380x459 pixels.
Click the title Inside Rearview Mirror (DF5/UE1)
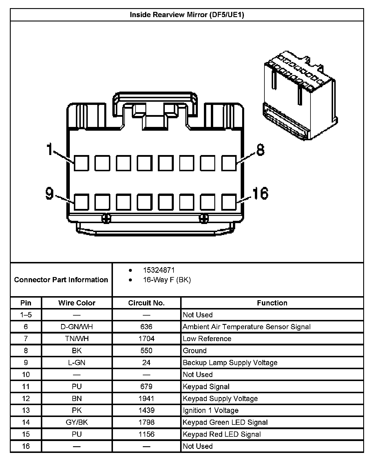tap(187, 15)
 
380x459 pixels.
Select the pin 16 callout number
tap(260, 194)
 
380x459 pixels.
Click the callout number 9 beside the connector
tap(50, 194)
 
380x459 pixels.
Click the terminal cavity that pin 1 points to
tap(81, 163)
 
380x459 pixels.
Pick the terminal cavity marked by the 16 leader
tap(229, 202)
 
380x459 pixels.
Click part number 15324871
tap(159, 270)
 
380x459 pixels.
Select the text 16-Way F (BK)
tap(167, 280)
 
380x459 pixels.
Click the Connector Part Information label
tap(61, 280)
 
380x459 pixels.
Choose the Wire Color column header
tap(77, 303)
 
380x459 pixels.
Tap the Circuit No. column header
tap(146, 303)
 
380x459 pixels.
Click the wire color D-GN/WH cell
tap(77, 327)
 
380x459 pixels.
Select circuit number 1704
tap(146, 339)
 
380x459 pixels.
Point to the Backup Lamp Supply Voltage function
tap(230, 363)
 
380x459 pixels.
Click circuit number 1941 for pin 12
tap(146, 399)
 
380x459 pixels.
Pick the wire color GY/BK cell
tap(77, 422)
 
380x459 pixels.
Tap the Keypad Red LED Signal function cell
tap(222, 434)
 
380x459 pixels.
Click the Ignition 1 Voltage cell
tap(211, 411)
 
